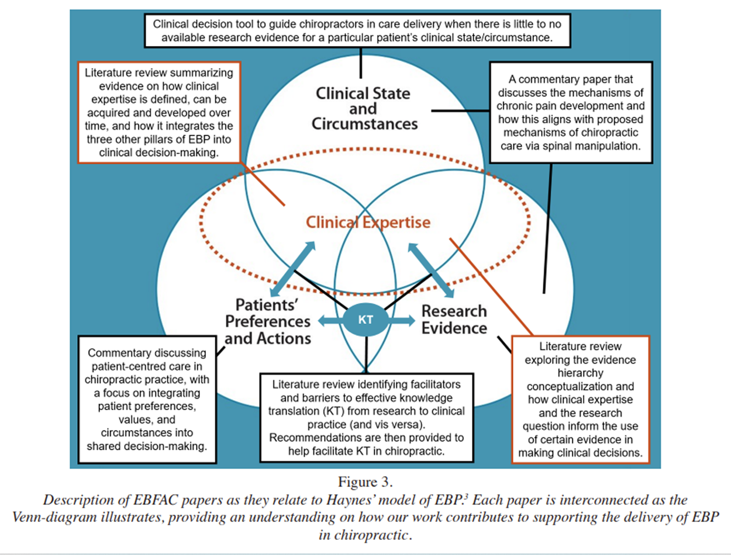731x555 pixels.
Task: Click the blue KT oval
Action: click(x=365, y=320)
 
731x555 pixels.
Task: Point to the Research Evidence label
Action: click(x=454, y=319)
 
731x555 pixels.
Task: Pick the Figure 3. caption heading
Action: click(x=365, y=482)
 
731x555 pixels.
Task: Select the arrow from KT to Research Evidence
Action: click(x=402, y=320)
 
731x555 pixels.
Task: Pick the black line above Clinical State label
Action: click(x=361, y=63)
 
